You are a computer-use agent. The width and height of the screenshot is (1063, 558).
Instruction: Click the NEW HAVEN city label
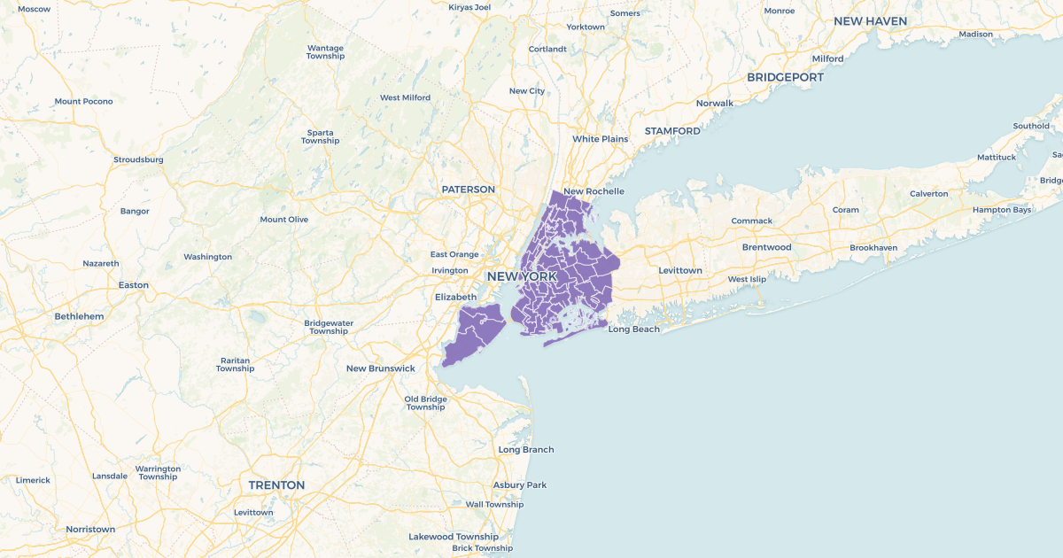pyautogui.click(x=870, y=20)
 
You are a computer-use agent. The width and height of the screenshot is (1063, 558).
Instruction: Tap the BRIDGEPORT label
pyautogui.click(x=785, y=77)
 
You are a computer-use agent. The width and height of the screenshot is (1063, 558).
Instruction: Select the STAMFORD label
pyautogui.click(x=672, y=131)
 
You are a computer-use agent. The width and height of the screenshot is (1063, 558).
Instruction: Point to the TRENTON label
pyautogui.click(x=276, y=485)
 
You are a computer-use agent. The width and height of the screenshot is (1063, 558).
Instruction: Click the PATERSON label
pyautogui.click(x=469, y=190)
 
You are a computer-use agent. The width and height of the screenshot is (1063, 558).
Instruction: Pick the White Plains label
pyautogui.click(x=600, y=139)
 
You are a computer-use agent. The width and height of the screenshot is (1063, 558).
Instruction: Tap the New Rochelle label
pyautogui.click(x=594, y=191)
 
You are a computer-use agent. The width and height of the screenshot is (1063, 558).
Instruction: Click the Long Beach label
pyautogui.click(x=633, y=329)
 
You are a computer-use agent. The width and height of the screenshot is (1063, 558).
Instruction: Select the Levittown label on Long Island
pyautogui.click(x=679, y=270)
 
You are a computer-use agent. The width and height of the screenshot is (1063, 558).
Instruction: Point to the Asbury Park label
pyautogui.click(x=520, y=485)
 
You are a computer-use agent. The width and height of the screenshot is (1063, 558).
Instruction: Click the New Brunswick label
pyautogui.click(x=380, y=368)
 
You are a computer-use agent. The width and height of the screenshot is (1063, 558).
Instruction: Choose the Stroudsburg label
pyautogui.click(x=138, y=159)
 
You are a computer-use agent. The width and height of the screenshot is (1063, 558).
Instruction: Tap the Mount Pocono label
pyautogui.click(x=83, y=101)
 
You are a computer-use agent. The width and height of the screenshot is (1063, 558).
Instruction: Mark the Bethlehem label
pyautogui.click(x=79, y=316)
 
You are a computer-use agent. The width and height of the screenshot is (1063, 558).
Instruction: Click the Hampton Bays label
pyautogui.click(x=1002, y=210)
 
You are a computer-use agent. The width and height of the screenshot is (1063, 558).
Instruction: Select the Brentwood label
pyautogui.click(x=766, y=247)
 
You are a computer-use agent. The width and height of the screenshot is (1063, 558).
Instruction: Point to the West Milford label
pyautogui.click(x=405, y=97)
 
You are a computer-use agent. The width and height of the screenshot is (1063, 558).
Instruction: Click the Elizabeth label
pyautogui.click(x=455, y=297)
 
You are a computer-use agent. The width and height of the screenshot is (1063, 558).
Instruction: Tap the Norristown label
pyautogui.click(x=90, y=530)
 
